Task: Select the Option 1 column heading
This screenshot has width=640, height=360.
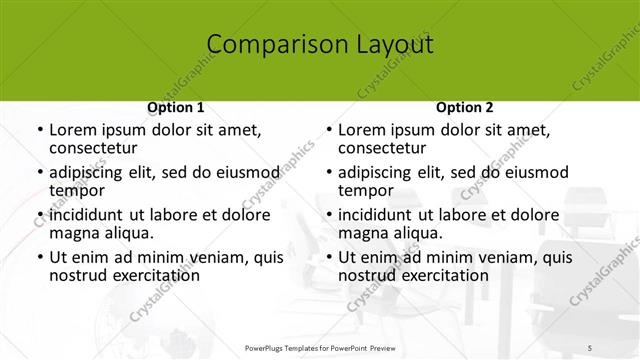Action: point(176,108)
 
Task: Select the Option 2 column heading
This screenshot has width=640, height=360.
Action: point(464,108)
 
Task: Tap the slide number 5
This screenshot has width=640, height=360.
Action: point(591,347)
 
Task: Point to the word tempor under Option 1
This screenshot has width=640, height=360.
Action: point(76,190)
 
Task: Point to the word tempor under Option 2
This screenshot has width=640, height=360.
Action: point(365,190)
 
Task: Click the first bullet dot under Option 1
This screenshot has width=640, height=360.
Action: point(40,131)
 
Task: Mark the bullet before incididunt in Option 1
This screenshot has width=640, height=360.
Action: point(40,215)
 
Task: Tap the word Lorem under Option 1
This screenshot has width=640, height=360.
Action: point(73,130)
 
